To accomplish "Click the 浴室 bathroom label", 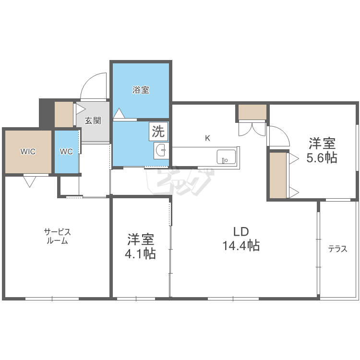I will click(141, 90).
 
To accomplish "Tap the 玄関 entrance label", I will click(93, 120).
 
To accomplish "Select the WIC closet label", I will click(27, 152).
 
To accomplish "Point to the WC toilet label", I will click(66, 152).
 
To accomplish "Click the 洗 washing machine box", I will click(158, 131).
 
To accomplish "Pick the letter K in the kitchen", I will click(207, 138).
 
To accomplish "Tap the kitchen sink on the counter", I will click(226, 156).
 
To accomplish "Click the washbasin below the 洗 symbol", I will click(161, 152).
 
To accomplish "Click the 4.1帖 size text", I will click(140, 254).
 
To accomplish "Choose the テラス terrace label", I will click(337, 249).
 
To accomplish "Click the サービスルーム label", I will click(58, 236).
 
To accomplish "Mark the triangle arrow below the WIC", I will click(29, 181).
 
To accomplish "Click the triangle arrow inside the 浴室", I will click(119, 113).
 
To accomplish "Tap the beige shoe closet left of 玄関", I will click(63, 114).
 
